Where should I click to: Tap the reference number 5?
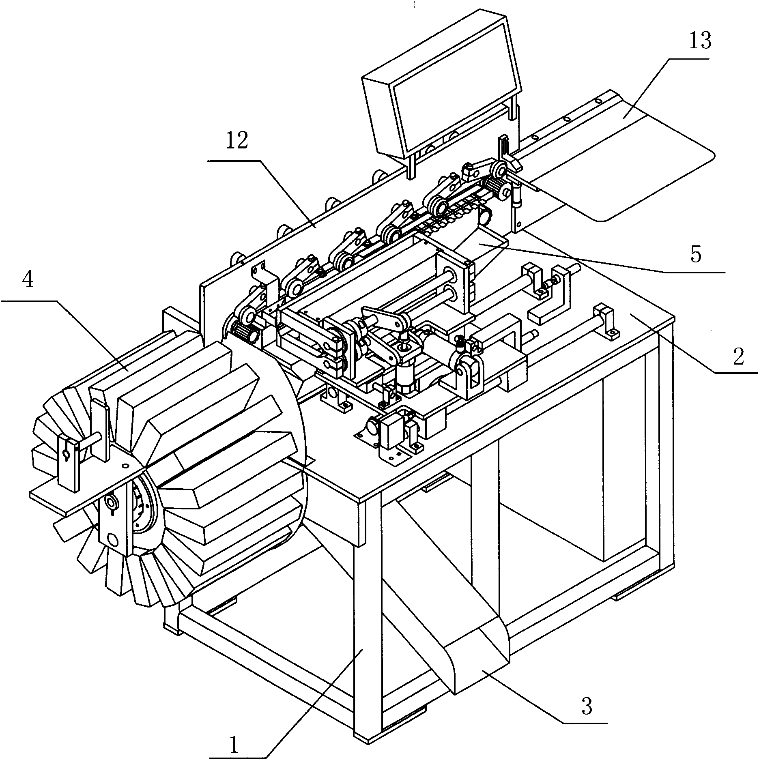696,255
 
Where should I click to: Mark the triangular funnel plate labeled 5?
483,247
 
